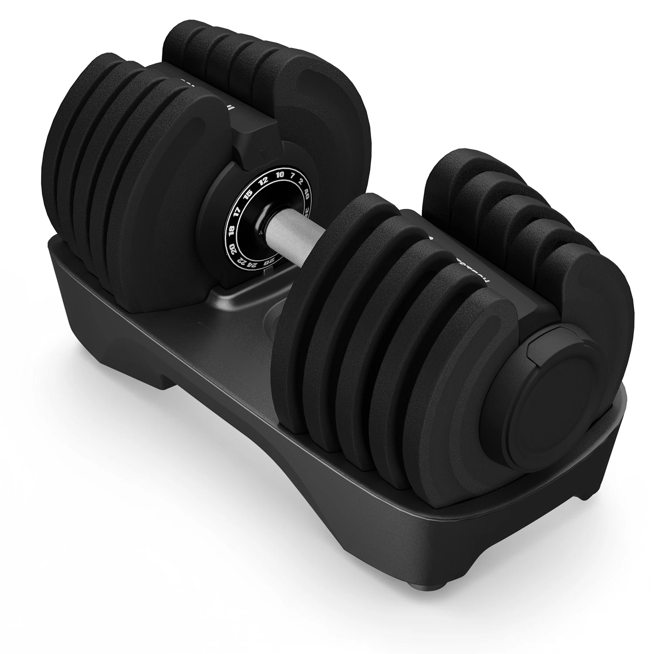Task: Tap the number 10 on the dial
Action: [280, 174]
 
